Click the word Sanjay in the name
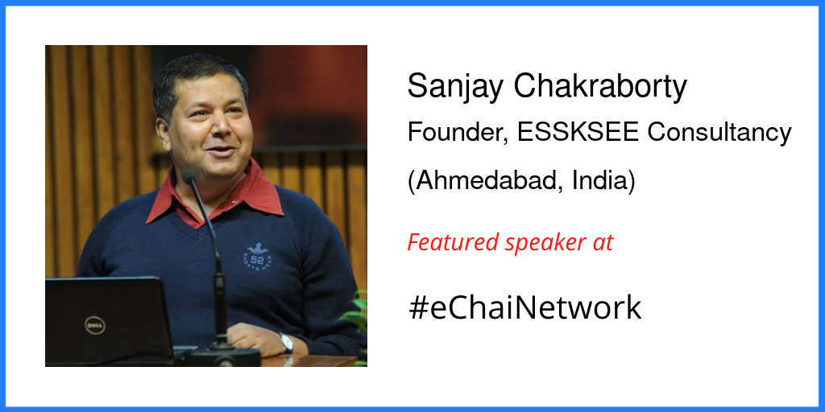point(447,87)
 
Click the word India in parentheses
point(603,180)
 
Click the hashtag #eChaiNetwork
point(524,307)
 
